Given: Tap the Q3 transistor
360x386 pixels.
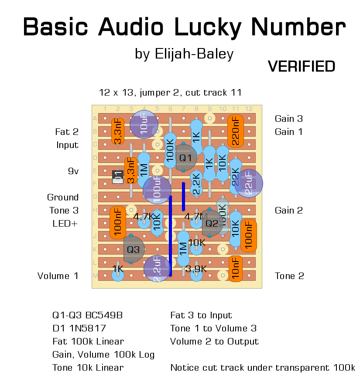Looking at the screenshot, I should [133, 250].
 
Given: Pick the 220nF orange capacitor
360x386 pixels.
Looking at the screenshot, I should [235, 131].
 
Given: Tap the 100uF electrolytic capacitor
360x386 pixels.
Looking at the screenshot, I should [157, 190].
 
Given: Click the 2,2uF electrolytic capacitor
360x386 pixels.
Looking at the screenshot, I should [157, 268].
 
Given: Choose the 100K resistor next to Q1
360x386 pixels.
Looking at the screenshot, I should [170, 151].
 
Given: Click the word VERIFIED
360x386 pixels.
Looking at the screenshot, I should [302, 66].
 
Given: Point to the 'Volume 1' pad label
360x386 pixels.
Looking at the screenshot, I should [58, 276].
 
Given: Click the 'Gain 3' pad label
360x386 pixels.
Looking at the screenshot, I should [288, 118].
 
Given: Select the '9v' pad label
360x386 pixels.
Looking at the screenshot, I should [73, 171].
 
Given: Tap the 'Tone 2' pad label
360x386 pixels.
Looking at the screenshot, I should [289, 276].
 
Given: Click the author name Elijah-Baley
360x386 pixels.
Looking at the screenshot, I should [195, 54].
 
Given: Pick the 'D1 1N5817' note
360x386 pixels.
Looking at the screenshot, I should [79, 328].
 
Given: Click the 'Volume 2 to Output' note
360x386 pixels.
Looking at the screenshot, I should [214, 341].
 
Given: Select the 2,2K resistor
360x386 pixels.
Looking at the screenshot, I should [196, 184].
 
